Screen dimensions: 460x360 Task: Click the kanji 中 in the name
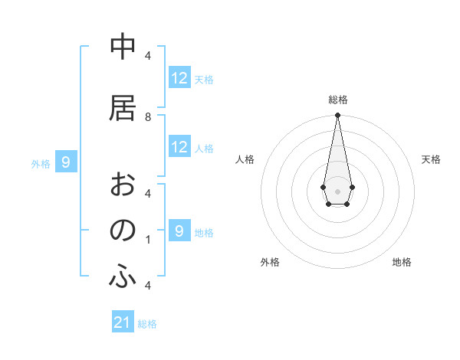122,47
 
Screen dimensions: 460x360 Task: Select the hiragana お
122,185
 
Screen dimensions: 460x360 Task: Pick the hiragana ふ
122,277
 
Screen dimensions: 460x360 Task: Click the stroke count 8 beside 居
148,117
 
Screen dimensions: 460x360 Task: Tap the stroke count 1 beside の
148,240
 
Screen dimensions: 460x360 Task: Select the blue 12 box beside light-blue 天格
179,78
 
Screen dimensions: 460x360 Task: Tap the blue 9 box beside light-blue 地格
179,231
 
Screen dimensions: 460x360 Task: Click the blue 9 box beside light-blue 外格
66,162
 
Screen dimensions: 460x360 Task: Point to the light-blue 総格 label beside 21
147,324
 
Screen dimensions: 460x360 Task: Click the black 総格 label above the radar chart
337,100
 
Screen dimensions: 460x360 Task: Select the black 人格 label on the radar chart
245,159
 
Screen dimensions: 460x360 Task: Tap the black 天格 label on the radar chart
432,159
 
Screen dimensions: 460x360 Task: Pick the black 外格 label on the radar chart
270,262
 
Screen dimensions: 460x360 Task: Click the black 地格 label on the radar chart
402,262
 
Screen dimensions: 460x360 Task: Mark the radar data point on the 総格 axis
337,116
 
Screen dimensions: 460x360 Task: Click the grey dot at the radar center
337,190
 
